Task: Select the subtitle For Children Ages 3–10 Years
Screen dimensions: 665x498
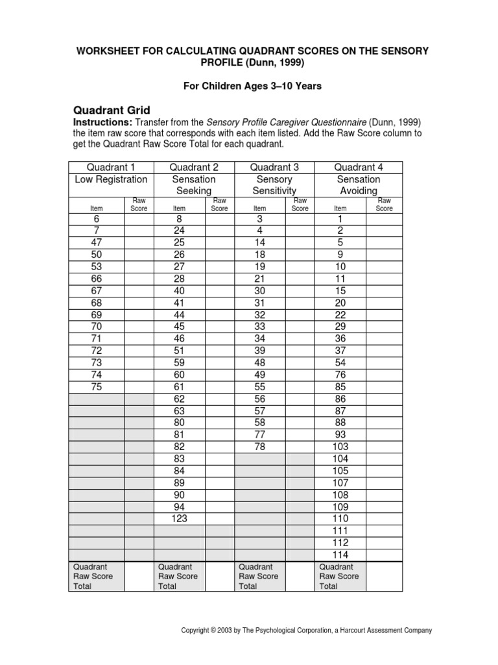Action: point(248,86)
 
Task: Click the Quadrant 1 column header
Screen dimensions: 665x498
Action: point(111,168)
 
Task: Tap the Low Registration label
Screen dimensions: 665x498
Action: point(111,179)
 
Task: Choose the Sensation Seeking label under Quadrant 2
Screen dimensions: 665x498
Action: point(194,185)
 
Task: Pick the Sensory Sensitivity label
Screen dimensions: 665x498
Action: point(274,185)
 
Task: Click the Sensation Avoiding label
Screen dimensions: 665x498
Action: point(358,185)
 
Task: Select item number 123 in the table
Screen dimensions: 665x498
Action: point(179,519)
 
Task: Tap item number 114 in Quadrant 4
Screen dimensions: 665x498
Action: point(340,555)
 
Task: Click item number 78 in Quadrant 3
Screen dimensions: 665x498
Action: point(259,447)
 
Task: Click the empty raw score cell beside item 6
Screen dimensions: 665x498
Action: point(139,220)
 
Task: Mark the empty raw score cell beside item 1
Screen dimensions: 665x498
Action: point(384,220)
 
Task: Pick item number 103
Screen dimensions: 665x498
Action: point(340,447)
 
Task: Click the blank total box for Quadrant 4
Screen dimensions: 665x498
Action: point(384,577)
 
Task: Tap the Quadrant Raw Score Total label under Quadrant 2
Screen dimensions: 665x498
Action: point(178,577)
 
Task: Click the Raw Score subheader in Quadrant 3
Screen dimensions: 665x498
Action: point(300,205)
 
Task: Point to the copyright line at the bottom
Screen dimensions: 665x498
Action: point(307,631)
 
